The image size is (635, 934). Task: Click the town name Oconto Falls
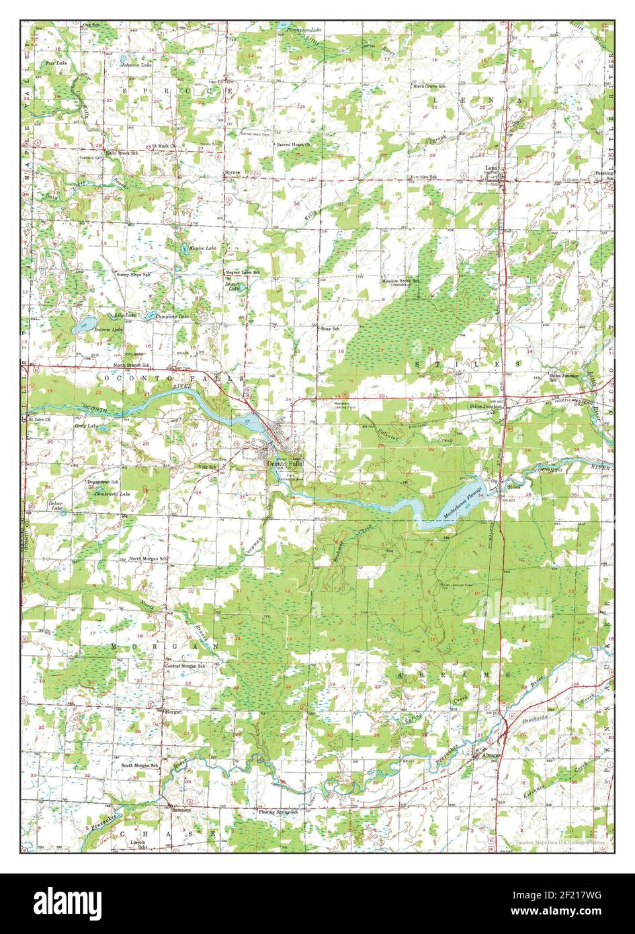(285, 464)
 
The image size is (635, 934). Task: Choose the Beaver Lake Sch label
(242, 271)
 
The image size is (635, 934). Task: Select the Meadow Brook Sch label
(401, 280)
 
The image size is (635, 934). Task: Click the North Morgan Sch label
(149, 559)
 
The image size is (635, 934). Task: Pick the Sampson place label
(181, 810)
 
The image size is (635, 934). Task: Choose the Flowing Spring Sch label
(278, 812)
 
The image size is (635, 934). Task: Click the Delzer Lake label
(57, 505)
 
